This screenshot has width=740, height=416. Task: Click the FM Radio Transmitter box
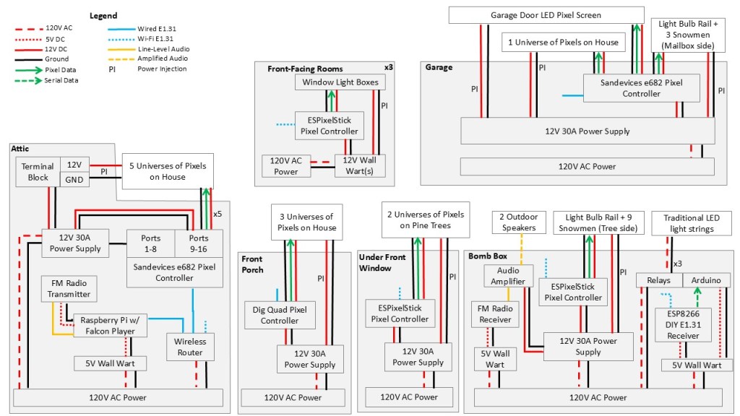tap(66, 288)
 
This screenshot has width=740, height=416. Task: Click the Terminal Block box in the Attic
tap(38, 172)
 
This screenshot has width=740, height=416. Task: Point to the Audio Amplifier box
tap(508, 276)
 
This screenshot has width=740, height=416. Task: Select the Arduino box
tap(706, 280)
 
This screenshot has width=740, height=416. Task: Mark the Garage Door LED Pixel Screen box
tap(546, 14)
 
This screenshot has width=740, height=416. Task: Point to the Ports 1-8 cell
tap(151, 243)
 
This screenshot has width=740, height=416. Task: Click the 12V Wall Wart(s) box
tap(360, 165)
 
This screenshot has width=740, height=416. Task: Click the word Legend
tap(103, 15)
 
